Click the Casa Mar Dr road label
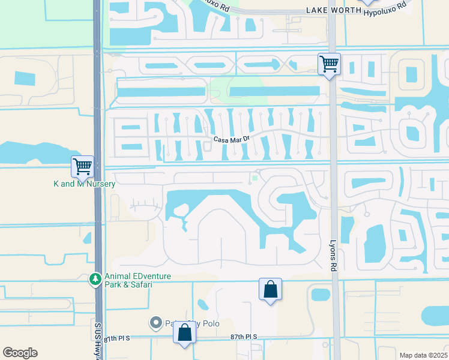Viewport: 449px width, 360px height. point(231,139)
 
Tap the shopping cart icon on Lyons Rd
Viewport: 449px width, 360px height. point(329,63)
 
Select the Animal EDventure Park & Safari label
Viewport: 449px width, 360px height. point(137,280)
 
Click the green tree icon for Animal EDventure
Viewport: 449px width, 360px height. point(94,279)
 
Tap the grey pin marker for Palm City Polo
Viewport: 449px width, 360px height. point(156,323)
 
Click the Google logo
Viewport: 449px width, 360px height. point(20,353)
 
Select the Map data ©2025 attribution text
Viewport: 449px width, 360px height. point(423,355)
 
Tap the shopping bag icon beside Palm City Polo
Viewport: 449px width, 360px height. point(185,332)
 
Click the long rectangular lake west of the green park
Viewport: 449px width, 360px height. point(160,92)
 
